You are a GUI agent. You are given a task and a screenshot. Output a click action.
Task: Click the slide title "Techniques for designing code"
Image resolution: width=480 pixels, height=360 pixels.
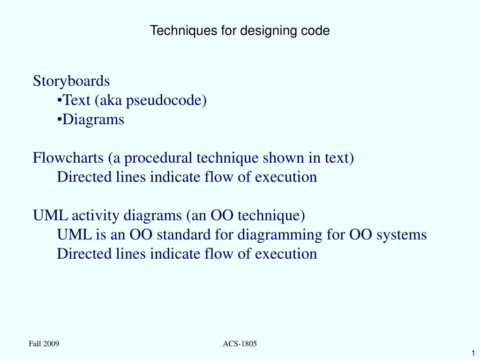[x=240, y=31]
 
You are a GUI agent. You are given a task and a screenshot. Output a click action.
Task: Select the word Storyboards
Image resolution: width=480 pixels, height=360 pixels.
[x=71, y=81]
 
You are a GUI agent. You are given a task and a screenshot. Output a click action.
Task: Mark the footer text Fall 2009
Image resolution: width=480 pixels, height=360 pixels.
[x=44, y=344]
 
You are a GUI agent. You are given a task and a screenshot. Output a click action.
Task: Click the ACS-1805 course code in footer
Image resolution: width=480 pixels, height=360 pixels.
[x=240, y=344]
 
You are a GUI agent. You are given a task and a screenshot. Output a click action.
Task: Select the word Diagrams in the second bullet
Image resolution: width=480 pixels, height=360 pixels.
[x=94, y=120]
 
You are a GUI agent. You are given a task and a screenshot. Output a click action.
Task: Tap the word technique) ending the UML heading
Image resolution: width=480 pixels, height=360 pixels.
[x=271, y=216]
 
